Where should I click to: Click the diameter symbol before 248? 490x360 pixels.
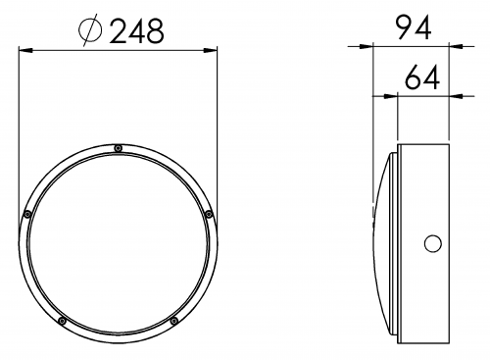tap(90, 29)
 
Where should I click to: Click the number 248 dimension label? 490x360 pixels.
tap(136, 31)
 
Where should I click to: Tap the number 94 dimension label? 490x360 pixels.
tap(414, 27)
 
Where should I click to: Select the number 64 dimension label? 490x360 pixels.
tap(421, 77)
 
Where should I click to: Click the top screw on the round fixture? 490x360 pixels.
tap(119, 148)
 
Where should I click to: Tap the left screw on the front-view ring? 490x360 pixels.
tap(27, 215)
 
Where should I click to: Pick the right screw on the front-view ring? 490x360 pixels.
tap(209, 215)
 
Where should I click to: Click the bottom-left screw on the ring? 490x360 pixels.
tap(62, 321)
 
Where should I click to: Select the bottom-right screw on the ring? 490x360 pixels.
tap(174, 321)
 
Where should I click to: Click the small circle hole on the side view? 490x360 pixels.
tap(433, 243)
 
